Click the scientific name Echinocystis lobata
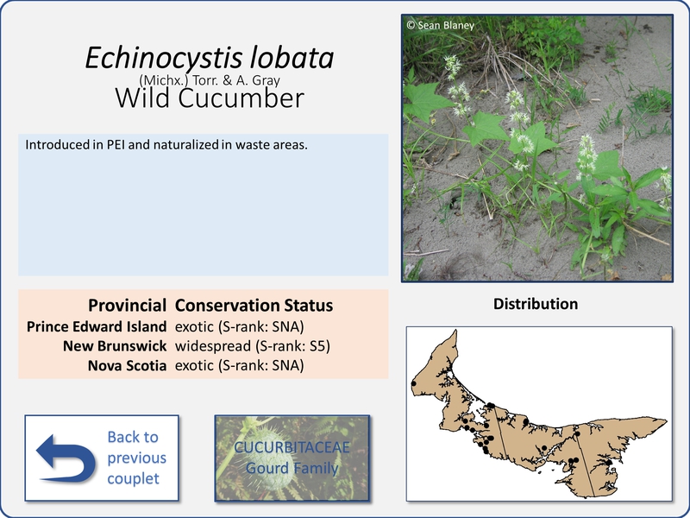tap(210, 58)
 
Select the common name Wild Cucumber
tap(210, 98)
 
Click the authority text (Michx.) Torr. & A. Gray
tap(210, 80)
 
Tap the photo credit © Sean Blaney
tap(441, 25)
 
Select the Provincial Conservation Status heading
tap(210, 306)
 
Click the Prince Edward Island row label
tap(97, 326)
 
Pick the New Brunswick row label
tap(115, 346)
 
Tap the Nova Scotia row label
tap(127, 365)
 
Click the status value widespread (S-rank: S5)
tap(253, 346)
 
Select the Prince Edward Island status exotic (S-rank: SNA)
tap(240, 327)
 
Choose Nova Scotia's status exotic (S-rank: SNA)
tap(240, 365)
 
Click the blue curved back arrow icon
tap(66, 458)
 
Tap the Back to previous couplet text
tap(136, 458)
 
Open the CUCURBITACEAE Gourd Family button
tap(292, 458)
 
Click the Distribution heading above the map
tap(536, 304)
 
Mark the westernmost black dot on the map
tap(414, 383)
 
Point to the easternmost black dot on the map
tap(609, 463)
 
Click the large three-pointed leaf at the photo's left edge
tap(426, 101)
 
